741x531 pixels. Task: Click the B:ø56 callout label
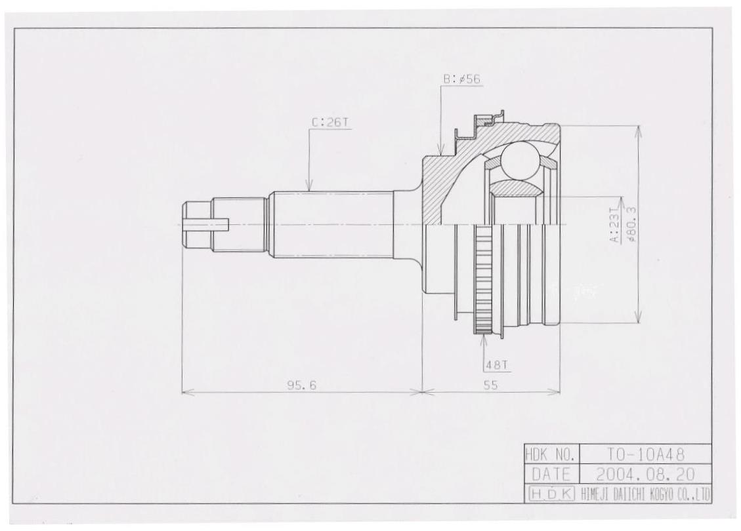coord(462,79)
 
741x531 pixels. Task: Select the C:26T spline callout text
coord(330,122)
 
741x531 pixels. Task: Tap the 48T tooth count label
coord(492,366)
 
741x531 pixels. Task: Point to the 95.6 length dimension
coord(302,385)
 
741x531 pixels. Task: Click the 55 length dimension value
coord(491,385)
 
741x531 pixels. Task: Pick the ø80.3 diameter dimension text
coord(632,225)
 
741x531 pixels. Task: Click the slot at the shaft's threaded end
coord(207,224)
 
